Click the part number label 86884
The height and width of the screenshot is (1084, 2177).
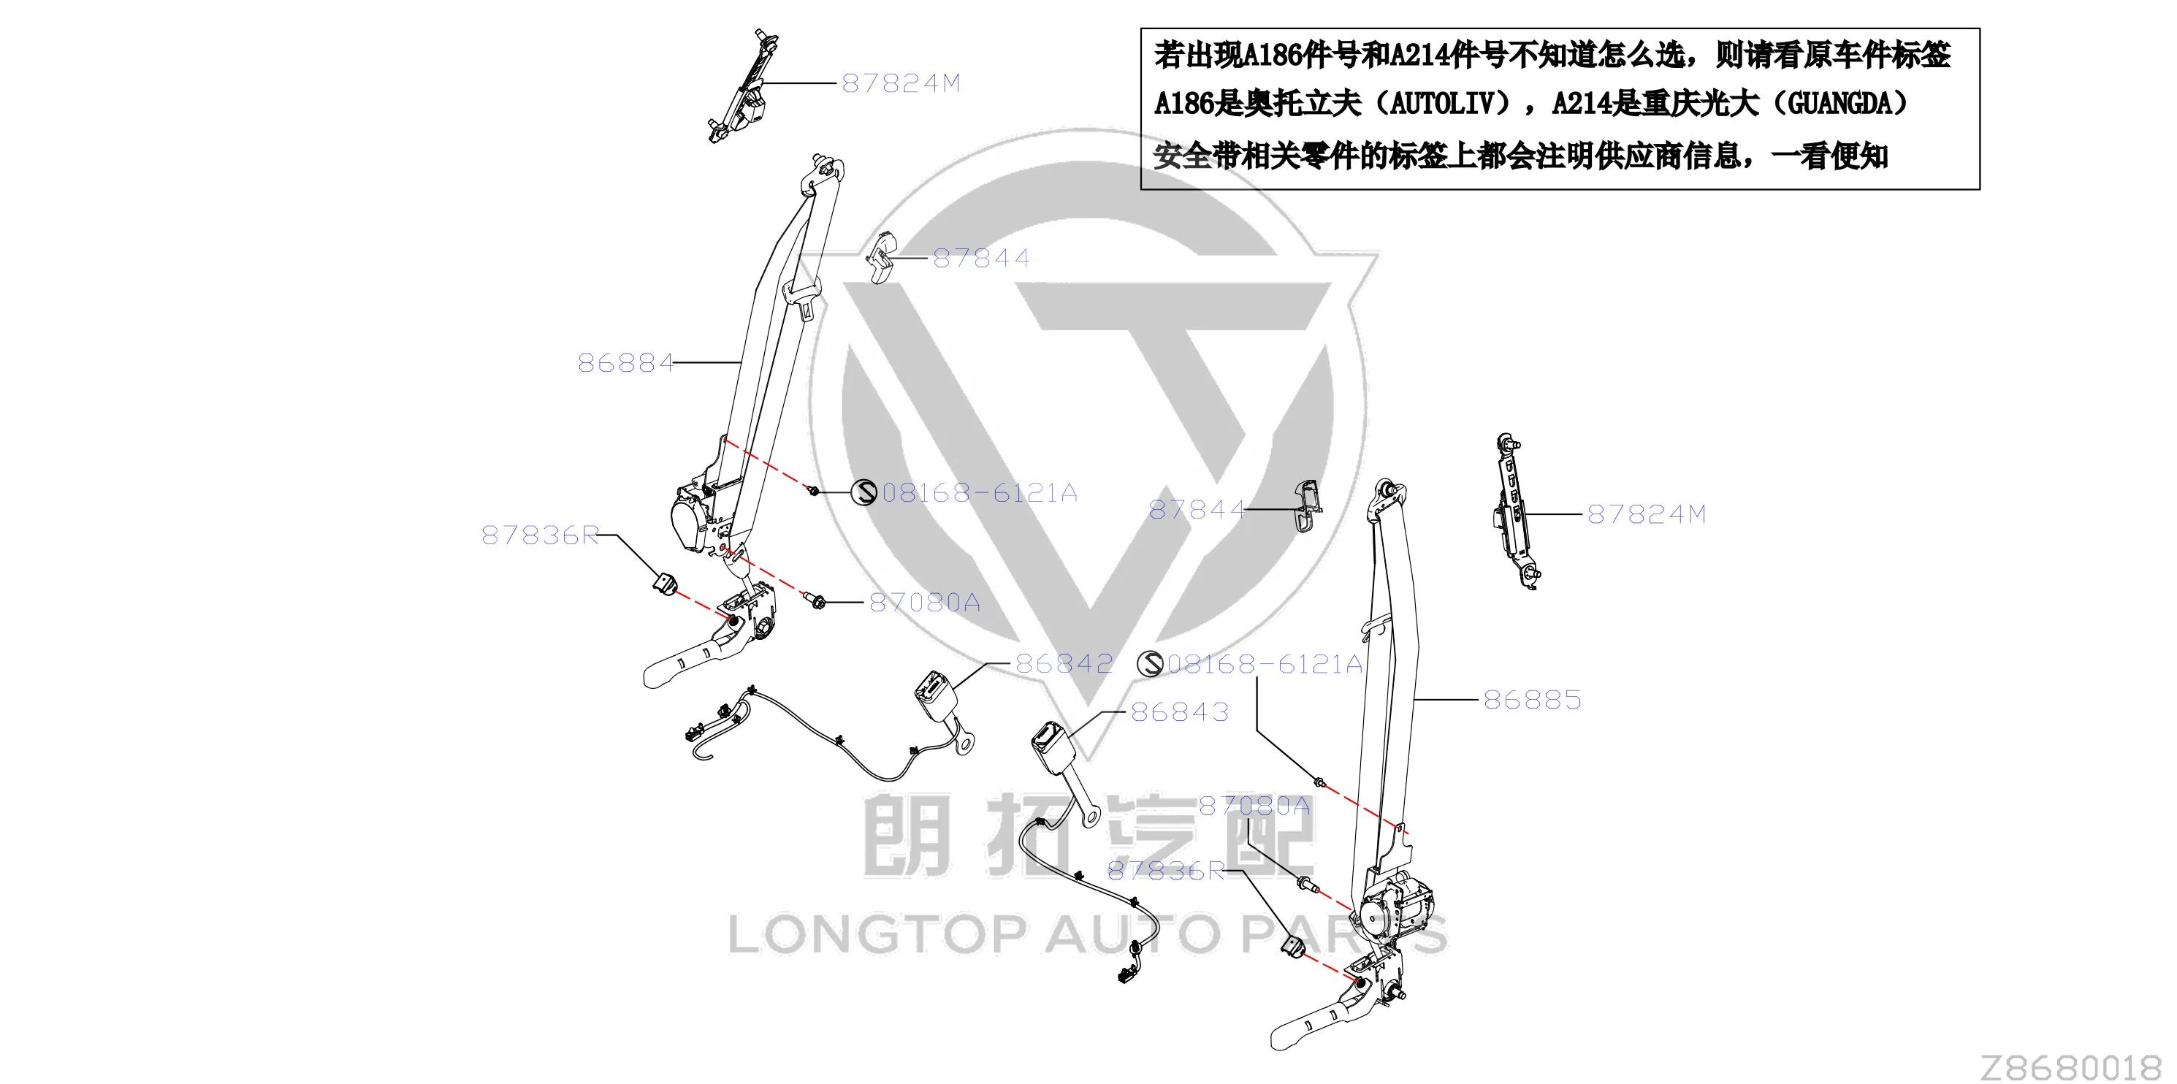click(x=625, y=363)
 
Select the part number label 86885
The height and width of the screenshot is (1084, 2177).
click(x=1532, y=700)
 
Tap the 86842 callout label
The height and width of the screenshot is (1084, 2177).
click(x=1064, y=664)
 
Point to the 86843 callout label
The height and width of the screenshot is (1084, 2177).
click(x=1180, y=712)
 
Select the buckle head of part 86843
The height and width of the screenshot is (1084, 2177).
click(x=1051, y=744)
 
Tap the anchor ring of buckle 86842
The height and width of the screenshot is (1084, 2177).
click(x=964, y=744)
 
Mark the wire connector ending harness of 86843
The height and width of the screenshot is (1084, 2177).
click(x=1127, y=975)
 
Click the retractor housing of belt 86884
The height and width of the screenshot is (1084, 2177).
click(x=693, y=519)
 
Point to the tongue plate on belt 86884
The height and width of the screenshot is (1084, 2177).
click(x=802, y=297)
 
